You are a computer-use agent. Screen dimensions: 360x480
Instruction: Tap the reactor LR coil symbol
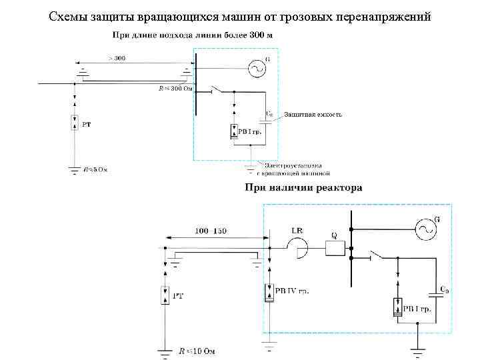(298, 248)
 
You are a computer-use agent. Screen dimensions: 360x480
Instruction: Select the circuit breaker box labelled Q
(335, 247)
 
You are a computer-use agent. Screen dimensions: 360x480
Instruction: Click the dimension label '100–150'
(210, 231)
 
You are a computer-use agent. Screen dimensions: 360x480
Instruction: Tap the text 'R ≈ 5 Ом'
(95, 169)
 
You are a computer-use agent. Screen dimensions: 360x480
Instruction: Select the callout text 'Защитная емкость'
(313, 115)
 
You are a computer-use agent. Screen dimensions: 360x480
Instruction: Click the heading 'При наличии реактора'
(303, 188)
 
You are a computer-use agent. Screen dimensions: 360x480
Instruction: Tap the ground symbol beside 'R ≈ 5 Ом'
(74, 171)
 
